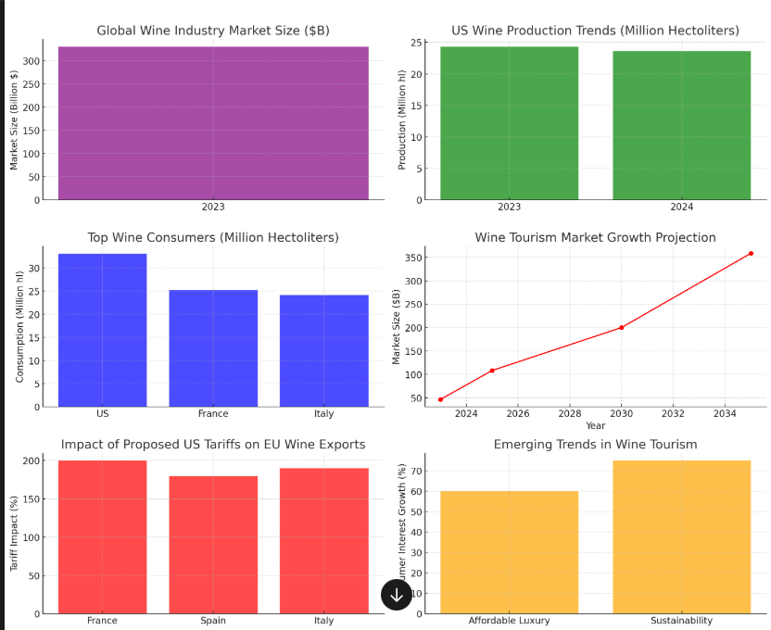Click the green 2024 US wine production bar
tap(681, 125)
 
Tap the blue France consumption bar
tap(213, 348)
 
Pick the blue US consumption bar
tap(102, 330)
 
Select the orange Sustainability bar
tap(681, 536)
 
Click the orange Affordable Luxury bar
tap(509, 552)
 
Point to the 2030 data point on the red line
tap(621, 327)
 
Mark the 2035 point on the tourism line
tap(751, 253)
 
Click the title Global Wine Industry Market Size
tap(213, 31)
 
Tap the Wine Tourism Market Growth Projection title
tap(595, 238)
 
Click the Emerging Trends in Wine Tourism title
tap(595, 445)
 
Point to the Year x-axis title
tap(595, 425)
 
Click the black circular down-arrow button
tap(397, 595)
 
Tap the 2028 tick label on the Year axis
tap(570, 413)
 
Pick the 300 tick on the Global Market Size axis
tap(32, 61)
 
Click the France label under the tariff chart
tap(102, 621)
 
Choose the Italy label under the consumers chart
tap(323, 414)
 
